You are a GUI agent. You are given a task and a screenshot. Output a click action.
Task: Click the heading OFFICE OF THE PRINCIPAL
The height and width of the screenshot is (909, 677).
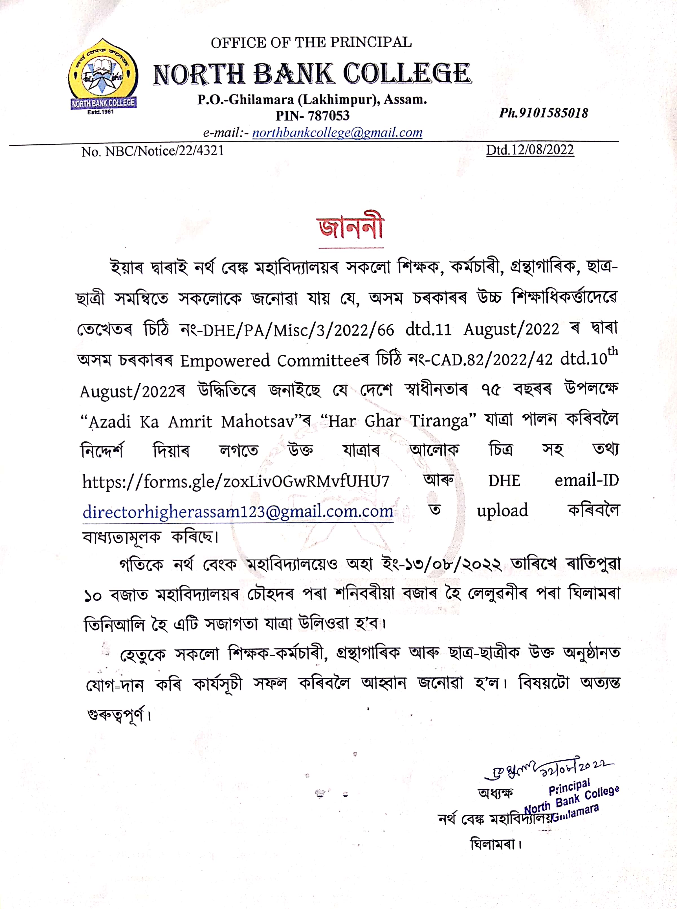[x=311, y=42]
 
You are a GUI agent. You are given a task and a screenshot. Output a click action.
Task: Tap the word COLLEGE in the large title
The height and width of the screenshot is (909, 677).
[x=407, y=74]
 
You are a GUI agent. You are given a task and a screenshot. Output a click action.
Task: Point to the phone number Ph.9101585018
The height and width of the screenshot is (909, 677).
[x=543, y=113]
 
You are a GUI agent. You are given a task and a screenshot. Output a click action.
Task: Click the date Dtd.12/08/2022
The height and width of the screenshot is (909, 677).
[x=530, y=150]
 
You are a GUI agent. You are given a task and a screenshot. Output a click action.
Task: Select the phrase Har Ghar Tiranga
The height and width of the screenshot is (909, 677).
[x=398, y=421]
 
